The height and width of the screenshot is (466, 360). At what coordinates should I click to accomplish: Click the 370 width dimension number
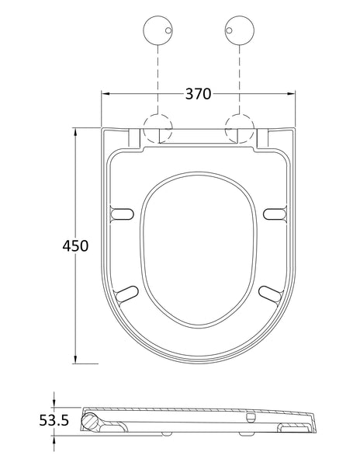click(x=199, y=94)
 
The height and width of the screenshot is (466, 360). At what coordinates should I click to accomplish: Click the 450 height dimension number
click(x=75, y=245)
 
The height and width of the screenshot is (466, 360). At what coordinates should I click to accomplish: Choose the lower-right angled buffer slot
click(x=268, y=294)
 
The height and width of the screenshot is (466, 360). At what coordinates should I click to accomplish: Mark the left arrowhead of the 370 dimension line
click(x=106, y=95)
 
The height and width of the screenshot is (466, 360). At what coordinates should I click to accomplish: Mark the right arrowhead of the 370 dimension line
click(x=293, y=95)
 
